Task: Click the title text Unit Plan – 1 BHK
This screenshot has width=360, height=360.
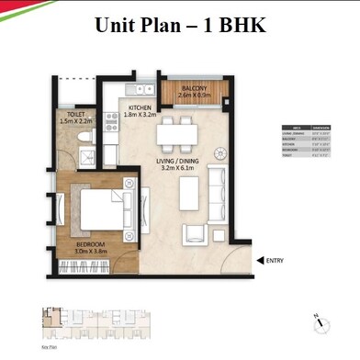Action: [x=180, y=24]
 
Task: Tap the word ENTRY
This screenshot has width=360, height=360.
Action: [x=275, y=260]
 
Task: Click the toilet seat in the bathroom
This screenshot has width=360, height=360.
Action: [x=84, y=137]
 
